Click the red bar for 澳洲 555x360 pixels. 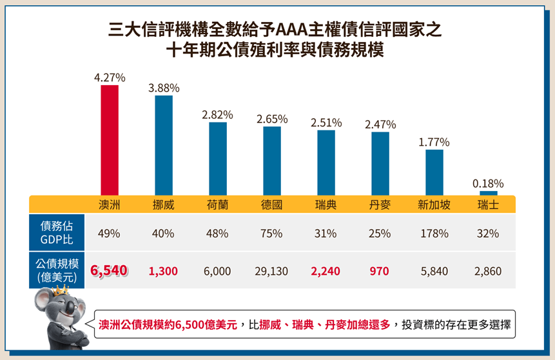pyautogui.click(x=110, y=139)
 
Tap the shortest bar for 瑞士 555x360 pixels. pyautogui.click(x=488, y=193)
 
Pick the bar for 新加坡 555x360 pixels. pyautogui.click(x=434, y=172)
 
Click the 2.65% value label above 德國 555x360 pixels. pyautogui.click(x=272, y=119)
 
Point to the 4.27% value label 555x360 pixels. pyautogui.click(x=110, y=77)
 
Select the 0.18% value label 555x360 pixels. pyautogui.click(x=488, y=184)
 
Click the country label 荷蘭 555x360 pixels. pyautogui.click(x=217, y=205)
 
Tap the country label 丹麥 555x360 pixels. pyautogui.click(x=380, y=205)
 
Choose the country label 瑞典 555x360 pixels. pyautogui.click(x=326, y=205)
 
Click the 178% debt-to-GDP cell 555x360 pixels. pyautogui.click(x=434, y=234)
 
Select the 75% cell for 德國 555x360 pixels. pyautogui.click(x=272, y=234)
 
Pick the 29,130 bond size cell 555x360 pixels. pyautogui.click(x=272, y=272)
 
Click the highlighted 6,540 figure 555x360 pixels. pyautogui.click(x=110, y=272)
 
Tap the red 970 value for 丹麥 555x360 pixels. pyautogui.click(x=380, y=272)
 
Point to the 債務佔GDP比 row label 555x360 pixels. pyautogui.click(x=57, y=233)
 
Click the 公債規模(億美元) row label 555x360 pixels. pyautogui.click(x=57, y=271)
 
